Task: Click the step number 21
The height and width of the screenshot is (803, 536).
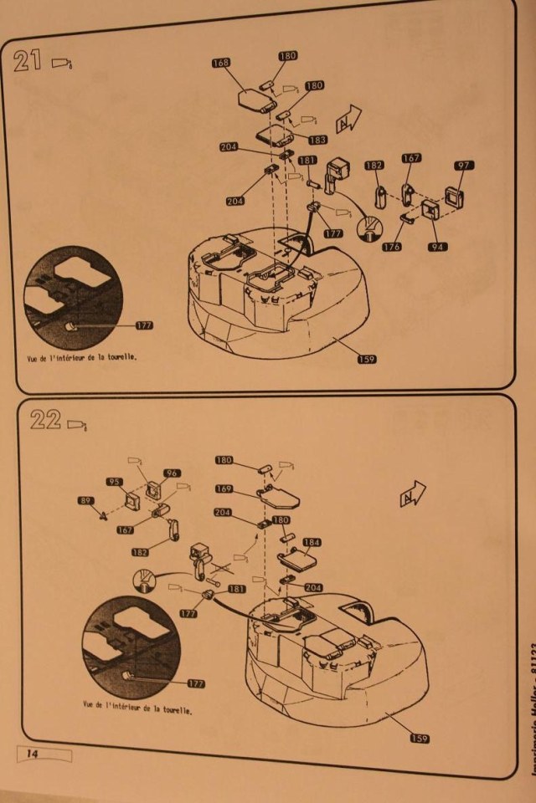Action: (30, 62)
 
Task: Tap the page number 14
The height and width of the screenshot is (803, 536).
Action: (33, 754)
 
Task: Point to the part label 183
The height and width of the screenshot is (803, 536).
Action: (318, 140)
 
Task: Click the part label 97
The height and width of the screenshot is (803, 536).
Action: (464, 166)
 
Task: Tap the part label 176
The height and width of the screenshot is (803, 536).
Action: (392, 247)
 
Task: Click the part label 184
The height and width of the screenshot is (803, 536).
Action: (312, 542)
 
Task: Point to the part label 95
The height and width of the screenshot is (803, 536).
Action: (116, 482)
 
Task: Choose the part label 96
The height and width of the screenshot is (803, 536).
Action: (173, 473)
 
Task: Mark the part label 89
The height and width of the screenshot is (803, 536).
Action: (85, 501)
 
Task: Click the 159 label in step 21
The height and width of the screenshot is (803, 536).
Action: (365, 359)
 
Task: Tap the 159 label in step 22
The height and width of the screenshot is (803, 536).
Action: (420, 737)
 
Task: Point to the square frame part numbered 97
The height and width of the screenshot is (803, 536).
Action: (457, 198)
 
